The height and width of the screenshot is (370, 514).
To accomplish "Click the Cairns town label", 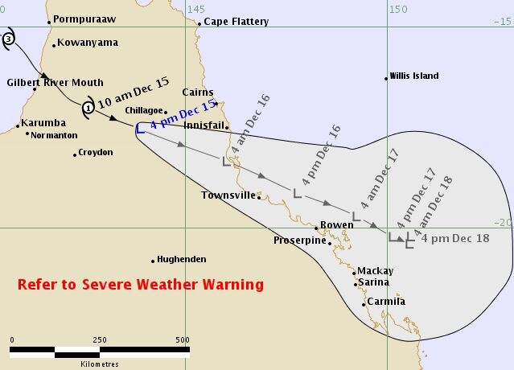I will point(198,92).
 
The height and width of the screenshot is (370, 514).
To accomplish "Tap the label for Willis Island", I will point(414,76).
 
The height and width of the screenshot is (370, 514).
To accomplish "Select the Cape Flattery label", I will point(236,22).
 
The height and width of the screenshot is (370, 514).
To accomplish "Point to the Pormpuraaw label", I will point(85,18).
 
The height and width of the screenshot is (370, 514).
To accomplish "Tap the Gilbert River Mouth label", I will point(55,82).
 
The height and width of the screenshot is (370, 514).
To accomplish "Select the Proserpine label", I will point(299,240).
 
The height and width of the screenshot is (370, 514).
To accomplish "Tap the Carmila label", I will point(385,302).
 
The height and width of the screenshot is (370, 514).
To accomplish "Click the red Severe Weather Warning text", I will point(141,285).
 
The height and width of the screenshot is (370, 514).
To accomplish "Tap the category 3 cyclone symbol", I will point(9,38).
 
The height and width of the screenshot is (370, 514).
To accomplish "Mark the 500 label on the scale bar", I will point(183,339).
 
